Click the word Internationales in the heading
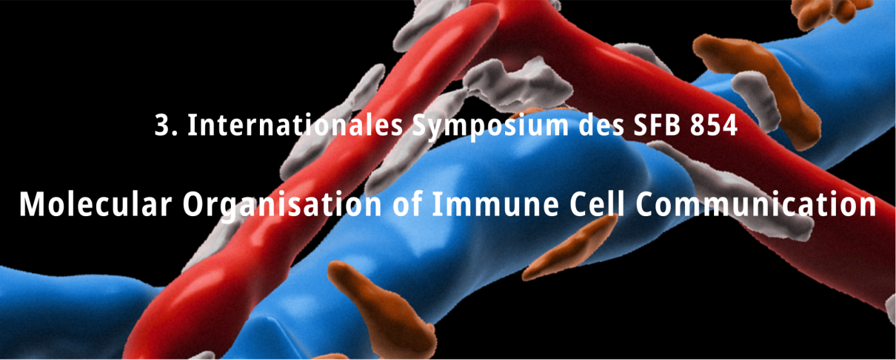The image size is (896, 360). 295,125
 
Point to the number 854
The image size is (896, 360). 714,125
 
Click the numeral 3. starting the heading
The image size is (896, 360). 166,125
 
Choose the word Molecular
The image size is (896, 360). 95,204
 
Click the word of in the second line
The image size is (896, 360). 407,204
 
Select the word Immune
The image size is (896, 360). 495,205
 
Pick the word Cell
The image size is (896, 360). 597,204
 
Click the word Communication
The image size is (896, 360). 755,204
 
